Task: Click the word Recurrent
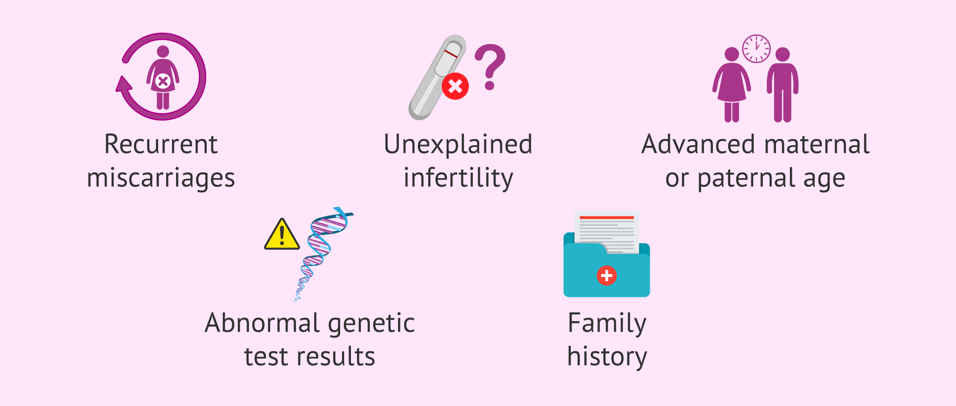pos(161,144)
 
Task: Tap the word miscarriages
pos(161,178)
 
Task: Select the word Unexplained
pos(458,144)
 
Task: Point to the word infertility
pos(458,178)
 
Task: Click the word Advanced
pos(698,144)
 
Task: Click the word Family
pos(607,324)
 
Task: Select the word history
pos(607,357)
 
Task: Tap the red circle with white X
pos(455,86)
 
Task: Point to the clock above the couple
pos(756,49)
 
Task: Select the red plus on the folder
pos(606,275)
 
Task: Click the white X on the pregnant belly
pos(163,82)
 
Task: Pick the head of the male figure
pos(782,55)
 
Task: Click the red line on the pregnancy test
pos(451,54)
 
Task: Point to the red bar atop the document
pos(606,218)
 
